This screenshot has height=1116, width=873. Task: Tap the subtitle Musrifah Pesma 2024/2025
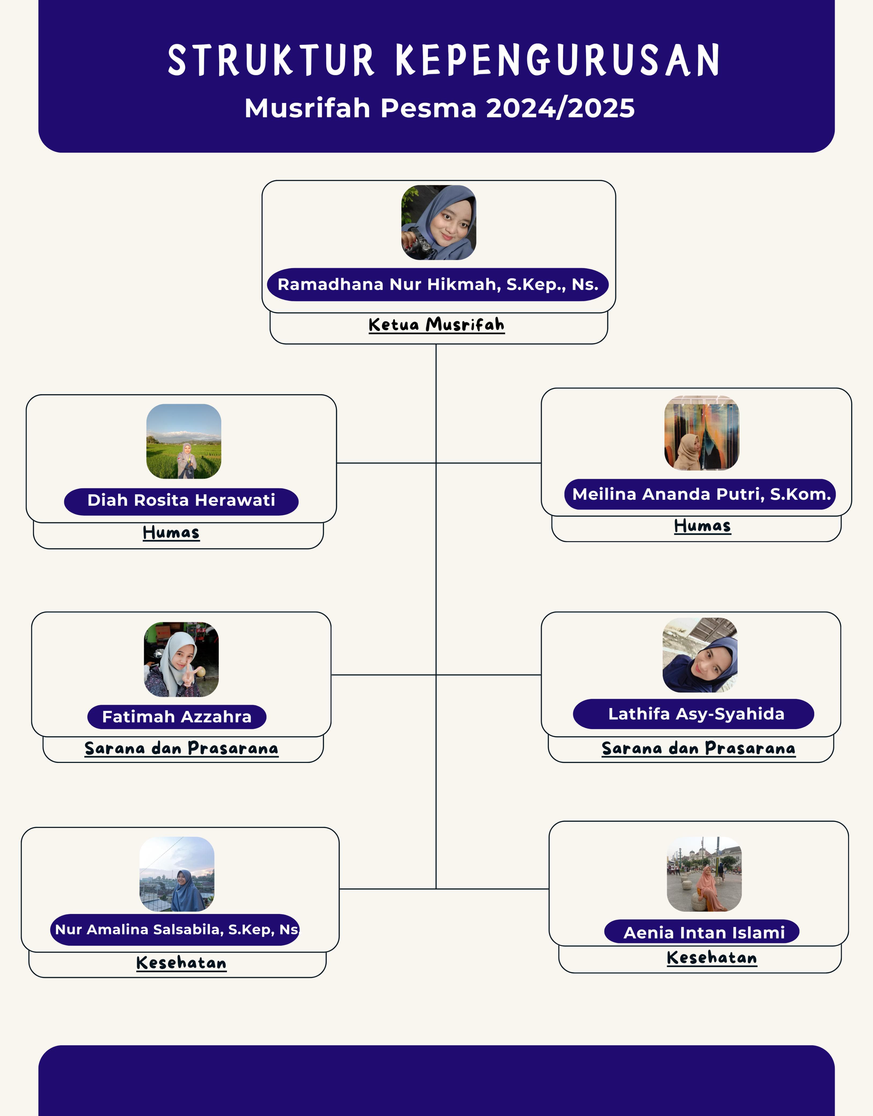point(439,108)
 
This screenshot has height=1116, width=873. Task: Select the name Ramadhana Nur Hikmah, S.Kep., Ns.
point(438,285)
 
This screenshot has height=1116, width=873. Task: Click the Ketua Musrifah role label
point(436,325)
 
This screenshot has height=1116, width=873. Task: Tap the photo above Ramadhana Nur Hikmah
point(439,223)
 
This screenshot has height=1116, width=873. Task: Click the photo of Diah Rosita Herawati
point(184,442)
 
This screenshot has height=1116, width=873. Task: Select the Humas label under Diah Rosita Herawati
point(171,533)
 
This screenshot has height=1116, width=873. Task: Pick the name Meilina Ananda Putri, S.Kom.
point(701,494)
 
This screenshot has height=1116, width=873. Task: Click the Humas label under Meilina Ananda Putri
point(702,526)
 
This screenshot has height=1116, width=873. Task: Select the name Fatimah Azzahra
point(177,717)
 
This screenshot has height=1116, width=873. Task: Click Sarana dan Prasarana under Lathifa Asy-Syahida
point(698,748)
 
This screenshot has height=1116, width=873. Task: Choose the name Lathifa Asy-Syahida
point(696,714)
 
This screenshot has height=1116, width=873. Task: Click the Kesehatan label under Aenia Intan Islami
point(712,958)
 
